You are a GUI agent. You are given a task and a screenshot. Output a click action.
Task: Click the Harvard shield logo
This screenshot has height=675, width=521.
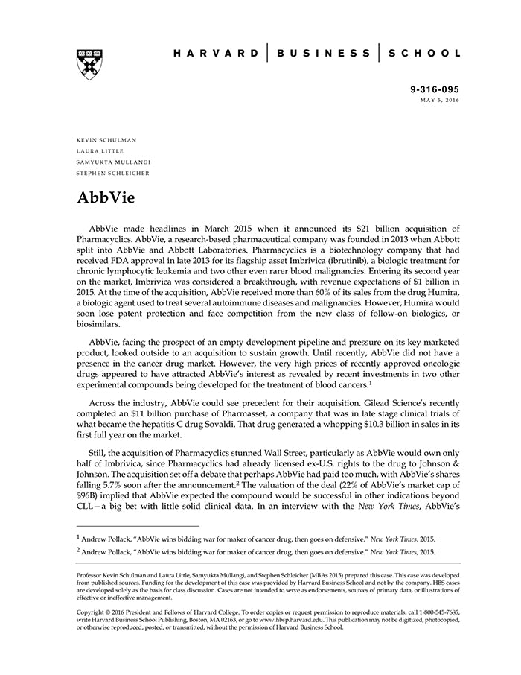89,63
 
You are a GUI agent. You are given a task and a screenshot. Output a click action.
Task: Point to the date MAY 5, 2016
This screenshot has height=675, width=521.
439,99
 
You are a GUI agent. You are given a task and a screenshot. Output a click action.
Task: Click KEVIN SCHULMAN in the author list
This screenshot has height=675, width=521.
106,139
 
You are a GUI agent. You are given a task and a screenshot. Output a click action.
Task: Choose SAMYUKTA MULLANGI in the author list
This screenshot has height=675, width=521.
112,162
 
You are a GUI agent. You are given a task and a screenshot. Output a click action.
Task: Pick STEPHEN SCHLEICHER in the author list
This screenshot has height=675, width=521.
113,173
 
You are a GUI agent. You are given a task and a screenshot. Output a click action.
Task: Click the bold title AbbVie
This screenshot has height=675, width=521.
105,200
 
